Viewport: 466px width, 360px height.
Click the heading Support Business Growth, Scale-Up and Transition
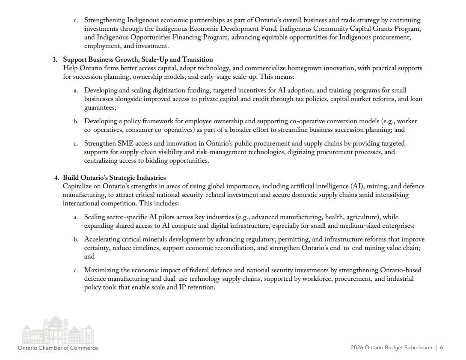point(137,60)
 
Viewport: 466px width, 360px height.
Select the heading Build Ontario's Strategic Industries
point(114,178)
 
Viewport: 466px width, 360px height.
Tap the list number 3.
point(55,60)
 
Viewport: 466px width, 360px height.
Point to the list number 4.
point(56,178)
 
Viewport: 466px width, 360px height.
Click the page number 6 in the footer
point(441,348)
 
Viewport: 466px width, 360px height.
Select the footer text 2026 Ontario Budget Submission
point(391,348)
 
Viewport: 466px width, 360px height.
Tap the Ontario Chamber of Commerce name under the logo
point(58,348)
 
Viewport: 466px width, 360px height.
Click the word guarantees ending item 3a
point(100,108)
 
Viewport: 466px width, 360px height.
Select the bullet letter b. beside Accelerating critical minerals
point(76,239)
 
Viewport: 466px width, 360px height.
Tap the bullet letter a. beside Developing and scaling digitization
point(76,91)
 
